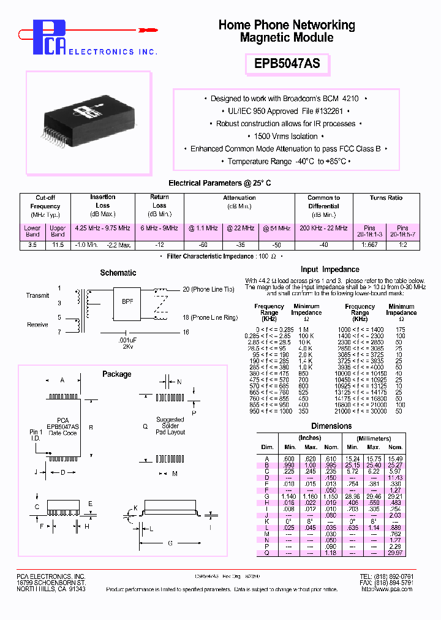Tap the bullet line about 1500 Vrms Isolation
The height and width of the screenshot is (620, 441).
tap(287, 136)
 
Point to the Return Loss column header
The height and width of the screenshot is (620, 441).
tap(159, 205)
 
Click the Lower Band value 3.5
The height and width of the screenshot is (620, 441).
tap(32, 245)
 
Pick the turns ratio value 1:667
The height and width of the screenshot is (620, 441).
tap(369, 245)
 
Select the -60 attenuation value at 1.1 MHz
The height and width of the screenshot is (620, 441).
tap(203, 245)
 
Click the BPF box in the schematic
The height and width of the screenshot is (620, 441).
tap(126, 301)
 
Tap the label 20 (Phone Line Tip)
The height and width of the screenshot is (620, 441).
tap(208, 289)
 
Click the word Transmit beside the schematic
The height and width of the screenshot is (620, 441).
tap(37, 295)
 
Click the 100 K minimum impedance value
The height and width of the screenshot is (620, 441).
tap(306, 336)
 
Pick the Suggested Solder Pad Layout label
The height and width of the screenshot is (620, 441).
tap(170, 426)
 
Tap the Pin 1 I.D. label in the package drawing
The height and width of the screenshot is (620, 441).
tap(36, 436)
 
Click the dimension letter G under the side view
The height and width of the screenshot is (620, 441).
tap(170, 543)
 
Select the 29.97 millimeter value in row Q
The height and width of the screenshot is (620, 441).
tap(396, 553)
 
